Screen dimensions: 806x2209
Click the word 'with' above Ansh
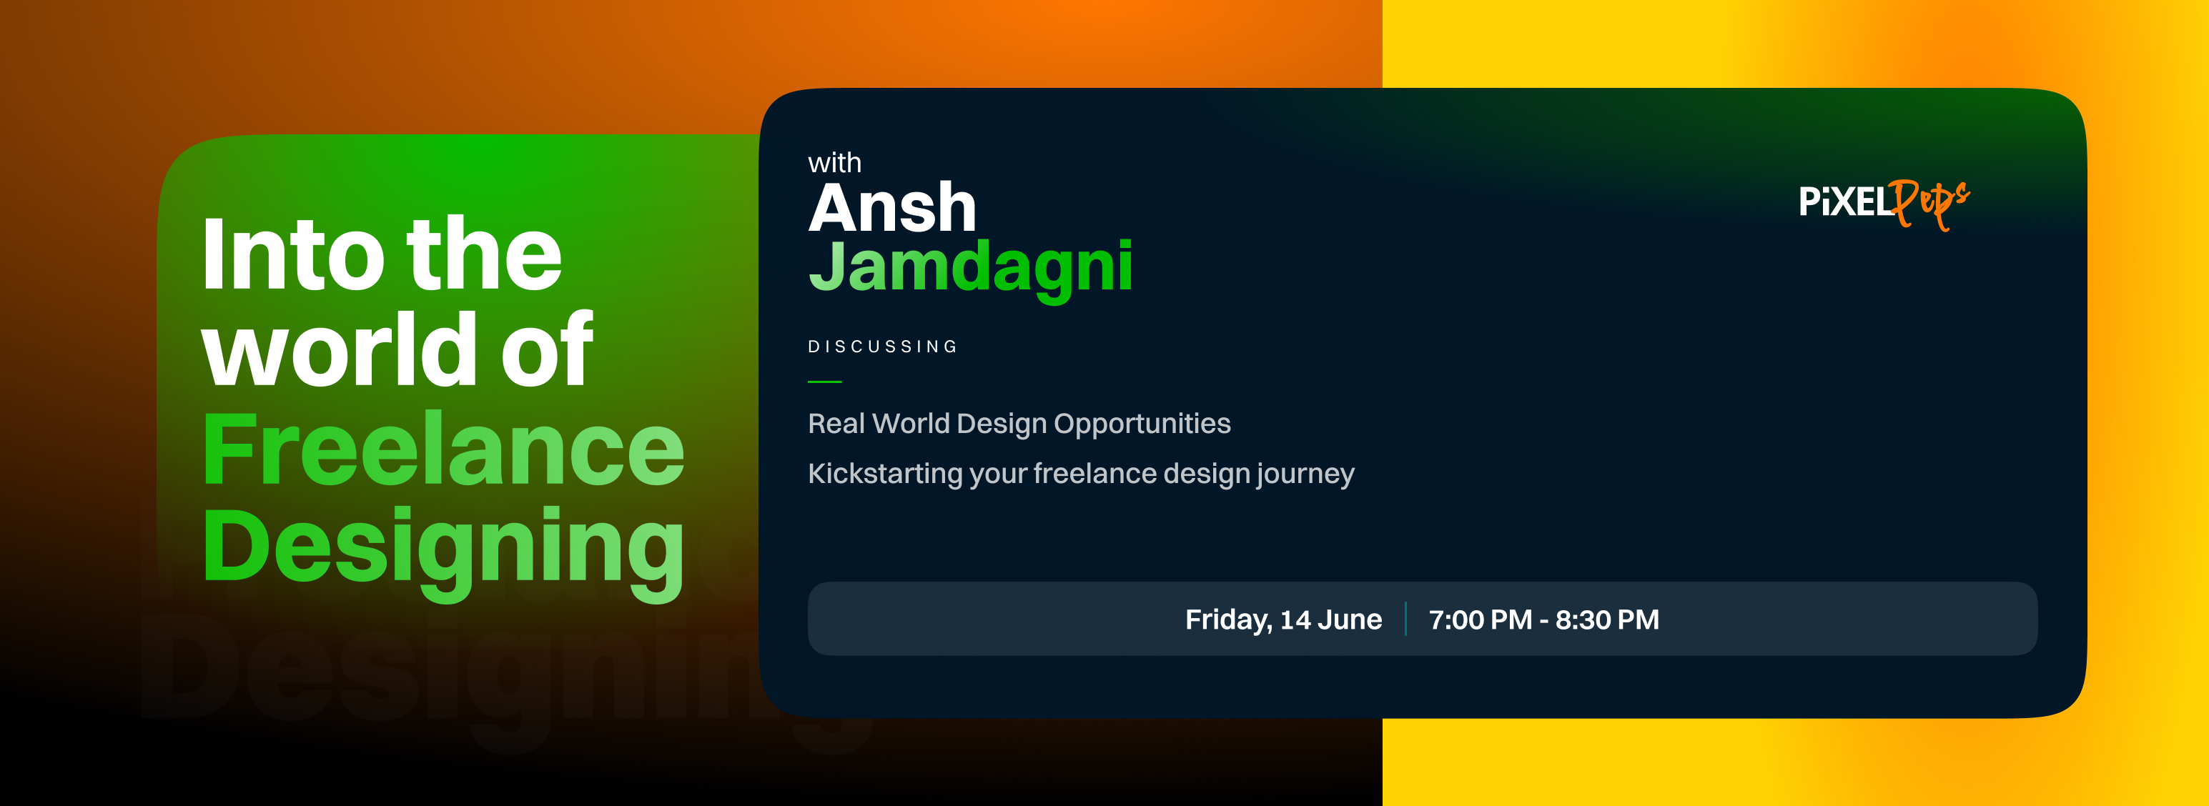(x=834, y=163)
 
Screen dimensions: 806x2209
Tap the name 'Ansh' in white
(x=893, y=209)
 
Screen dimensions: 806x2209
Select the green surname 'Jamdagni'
(x=971, y=267)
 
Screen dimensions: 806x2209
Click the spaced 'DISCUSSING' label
(x=882, y=347)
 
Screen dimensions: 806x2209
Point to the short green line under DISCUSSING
(x=824, y=382)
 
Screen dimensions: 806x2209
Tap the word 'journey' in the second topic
(x=1305, y=475)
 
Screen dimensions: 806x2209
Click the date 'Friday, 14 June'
(x=1283, y=619)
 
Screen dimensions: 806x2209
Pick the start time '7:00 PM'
(x=1480, y=619)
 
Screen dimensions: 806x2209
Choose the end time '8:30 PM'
(x=1607, y=619)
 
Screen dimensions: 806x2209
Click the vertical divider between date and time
(x=1405, y=619)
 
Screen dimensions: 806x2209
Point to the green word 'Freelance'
(x=443, y=449)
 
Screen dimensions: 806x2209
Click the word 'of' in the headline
(x=546, y=351)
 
